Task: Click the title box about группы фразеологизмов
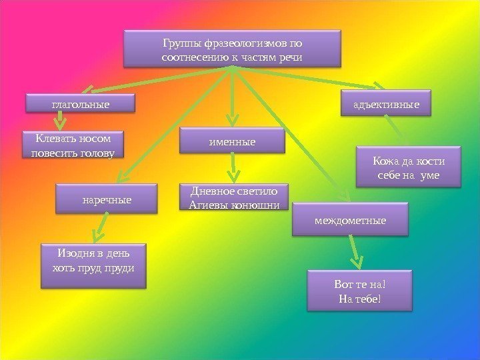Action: [x=232, y=49]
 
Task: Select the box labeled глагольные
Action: [x=79, y=104]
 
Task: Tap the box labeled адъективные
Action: [x=386, y=105]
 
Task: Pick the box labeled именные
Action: [x=232, y=141]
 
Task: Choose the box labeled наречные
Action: [x=107, y=199]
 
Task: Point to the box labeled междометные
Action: [x=350, y=219]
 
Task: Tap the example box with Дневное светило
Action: [x=234, y=197]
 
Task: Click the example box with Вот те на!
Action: [x=359, y=291]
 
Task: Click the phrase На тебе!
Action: [x=359, y=297]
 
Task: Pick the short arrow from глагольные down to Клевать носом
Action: [x=60, y=120]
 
